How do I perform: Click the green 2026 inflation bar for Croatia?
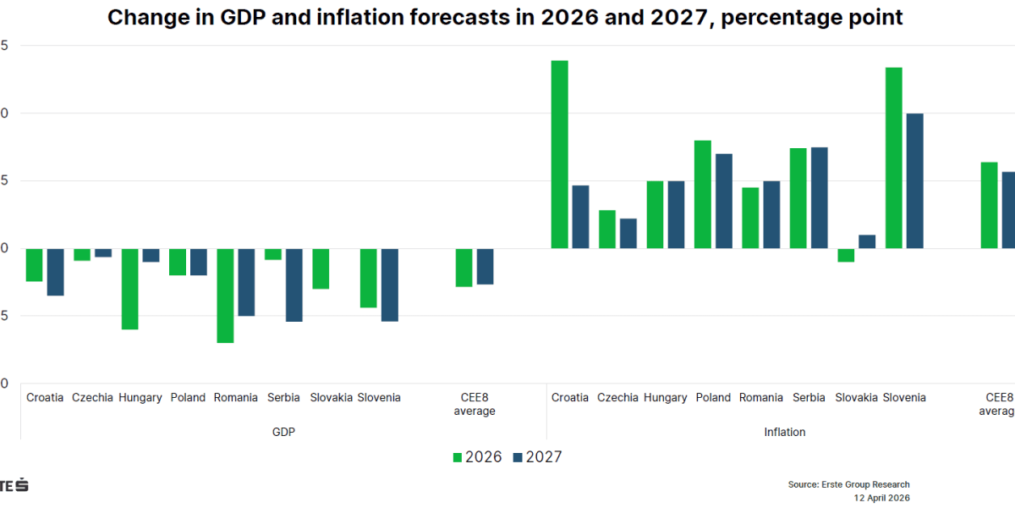[x=559, y=154]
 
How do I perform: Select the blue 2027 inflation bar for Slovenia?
[x=914, y=180]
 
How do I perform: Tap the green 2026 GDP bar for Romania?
[x=225, y=295]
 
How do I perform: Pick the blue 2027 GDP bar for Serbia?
[x=294, y=284]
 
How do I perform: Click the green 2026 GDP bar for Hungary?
[x=129, y=289]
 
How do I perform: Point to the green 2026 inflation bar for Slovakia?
[x=846, y=255]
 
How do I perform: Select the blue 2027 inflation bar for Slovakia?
[x=867, y=241]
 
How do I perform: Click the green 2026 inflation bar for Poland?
[x=702, y=194]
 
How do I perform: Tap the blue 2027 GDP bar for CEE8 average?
[x=485, y=266]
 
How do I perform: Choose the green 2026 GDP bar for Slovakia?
[x=321, y=268]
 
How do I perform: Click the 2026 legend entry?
[x=478, y=457]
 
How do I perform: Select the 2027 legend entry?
[x=536, y=457]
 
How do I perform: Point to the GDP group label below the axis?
[x=283, y=432]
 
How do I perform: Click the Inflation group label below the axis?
[x=785, y=432]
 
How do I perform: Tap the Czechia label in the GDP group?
[x=92, y=398]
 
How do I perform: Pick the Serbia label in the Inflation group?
[x=809, y=398]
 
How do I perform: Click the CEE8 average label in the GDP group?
[x=474, y=404]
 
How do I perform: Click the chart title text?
[x=505, y=18]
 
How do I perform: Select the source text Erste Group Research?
[x=848, y=484]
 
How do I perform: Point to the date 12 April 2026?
[x=881, y=498]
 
